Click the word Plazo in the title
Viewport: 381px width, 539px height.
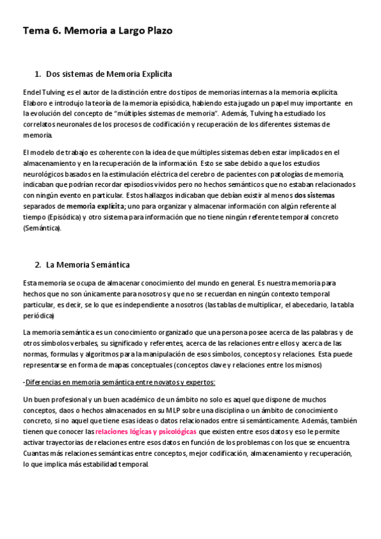tap(156, 30)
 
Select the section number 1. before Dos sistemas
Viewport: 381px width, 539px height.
tap(38, 74)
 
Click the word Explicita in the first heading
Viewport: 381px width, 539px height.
tap(151, 74)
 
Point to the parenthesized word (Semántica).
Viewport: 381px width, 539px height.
tap(42, 228)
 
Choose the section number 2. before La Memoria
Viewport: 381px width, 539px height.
tap(38, 264)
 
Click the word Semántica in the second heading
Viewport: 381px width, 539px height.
tap(111, 264)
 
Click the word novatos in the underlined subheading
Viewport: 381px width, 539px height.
tap(148, 382)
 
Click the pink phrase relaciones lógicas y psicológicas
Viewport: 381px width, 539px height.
tap(150, 431)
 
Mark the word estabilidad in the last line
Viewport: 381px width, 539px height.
tap(104, 463)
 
